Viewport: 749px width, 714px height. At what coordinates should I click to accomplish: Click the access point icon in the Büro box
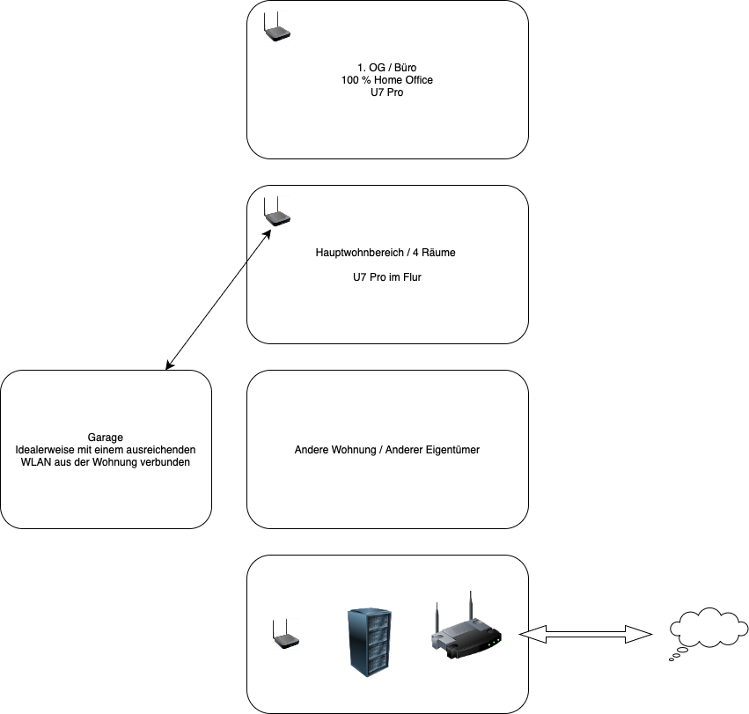(277, 27)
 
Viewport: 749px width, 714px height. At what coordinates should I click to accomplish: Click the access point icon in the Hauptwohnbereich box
(277, 212)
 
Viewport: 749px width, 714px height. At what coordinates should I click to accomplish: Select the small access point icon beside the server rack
(284, 635)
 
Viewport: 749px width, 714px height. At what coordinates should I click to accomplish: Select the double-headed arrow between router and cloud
(584, 633)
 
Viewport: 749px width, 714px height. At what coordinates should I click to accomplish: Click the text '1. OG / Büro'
(387, 68)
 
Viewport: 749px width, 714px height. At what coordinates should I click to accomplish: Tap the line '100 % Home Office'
(387, 80)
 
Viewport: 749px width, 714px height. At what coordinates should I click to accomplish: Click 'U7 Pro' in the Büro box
(387, 92)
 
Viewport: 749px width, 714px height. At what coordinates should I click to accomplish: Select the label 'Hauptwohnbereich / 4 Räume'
(386, 253)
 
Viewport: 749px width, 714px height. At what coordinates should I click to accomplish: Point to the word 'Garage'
(106, 438)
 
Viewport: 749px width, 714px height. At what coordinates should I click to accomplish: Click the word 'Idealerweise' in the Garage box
(45, 450)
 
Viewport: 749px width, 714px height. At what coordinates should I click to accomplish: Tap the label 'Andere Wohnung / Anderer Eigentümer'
(387, 450)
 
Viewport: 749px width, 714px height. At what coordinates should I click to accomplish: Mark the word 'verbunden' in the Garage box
(165, 462)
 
